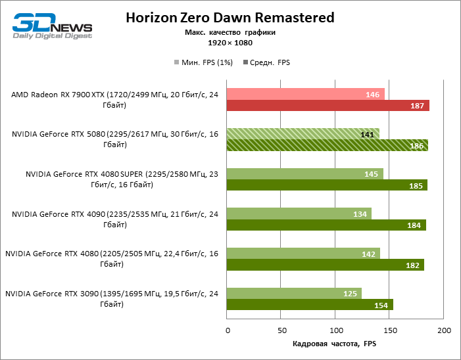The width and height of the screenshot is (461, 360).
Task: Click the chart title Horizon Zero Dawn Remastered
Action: click(230, 17)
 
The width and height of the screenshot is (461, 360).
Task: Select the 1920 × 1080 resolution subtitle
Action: click(230, 43)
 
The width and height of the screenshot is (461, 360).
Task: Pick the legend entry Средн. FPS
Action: click(266, 62)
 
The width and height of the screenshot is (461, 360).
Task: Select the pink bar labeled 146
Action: click(305, 95)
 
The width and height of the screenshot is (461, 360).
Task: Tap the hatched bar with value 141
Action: click(303, 134)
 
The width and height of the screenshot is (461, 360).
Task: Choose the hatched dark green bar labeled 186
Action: click(327, 145)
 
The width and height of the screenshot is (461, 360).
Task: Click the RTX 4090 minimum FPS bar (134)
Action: click(299, 214)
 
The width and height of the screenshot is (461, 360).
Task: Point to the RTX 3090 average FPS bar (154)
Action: click(310, 304)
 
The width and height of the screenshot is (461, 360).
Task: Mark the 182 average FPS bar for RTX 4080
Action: click(325, 265)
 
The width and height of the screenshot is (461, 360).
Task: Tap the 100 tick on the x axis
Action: click(335, 329)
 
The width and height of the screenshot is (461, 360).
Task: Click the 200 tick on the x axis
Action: click(444, 329)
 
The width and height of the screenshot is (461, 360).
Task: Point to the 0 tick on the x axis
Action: click(227, 329)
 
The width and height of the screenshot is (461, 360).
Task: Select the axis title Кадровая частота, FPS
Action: click(334, 344)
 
